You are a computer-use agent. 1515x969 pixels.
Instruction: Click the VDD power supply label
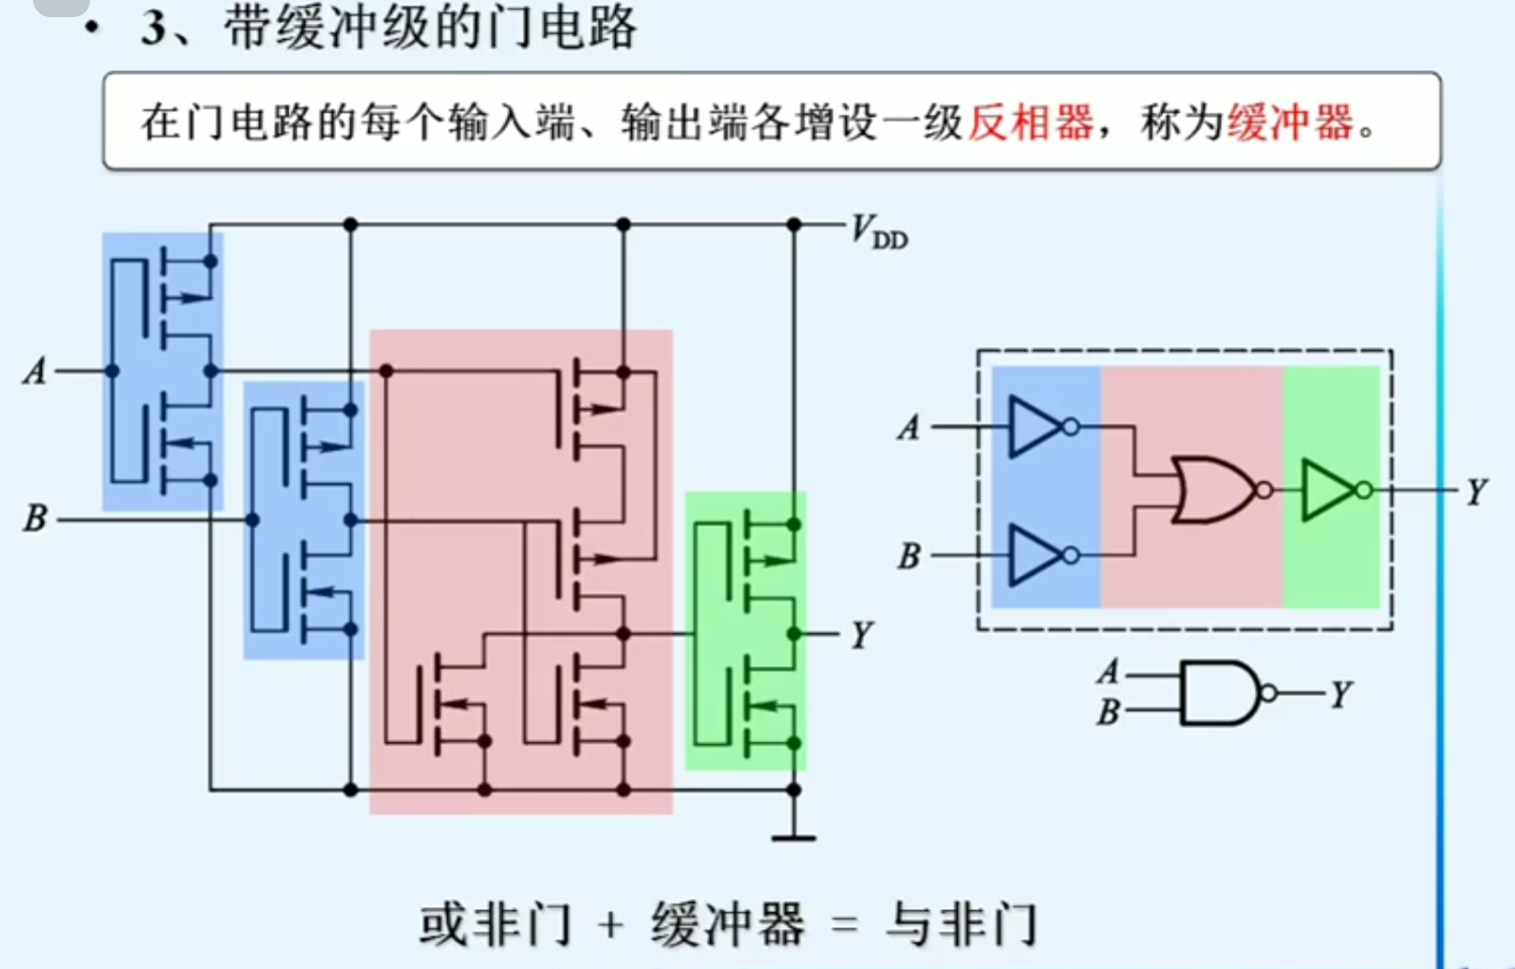(x=878, y=231)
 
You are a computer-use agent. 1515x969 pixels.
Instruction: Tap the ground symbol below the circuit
(x=794, y=837)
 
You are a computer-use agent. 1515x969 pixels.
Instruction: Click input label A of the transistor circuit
(x=35, y=370)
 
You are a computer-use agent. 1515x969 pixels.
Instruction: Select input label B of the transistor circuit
(x=35, y=518)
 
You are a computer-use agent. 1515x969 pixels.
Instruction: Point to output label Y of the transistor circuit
(x=861, y=634)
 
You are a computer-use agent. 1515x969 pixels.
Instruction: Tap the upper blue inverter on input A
(x=1037, y=427)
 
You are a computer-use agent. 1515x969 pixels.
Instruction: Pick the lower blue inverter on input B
(x=1037, y=555)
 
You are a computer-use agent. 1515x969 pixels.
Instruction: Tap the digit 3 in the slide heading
(x=153, y=28)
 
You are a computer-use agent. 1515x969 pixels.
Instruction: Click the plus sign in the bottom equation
(x=611, y=924)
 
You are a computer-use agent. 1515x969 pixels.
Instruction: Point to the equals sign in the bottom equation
(x=843, y=924)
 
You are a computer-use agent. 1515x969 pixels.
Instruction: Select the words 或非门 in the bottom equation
(x=496, y=924)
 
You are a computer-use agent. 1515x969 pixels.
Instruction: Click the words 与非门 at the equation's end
(x=961, y=924)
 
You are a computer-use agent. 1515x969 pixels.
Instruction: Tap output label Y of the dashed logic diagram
(x=1476, y=492)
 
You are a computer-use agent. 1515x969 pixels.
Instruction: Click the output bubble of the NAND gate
(x=1268, y=694)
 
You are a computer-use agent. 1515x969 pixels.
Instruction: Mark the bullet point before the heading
(x=92, y=28)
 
